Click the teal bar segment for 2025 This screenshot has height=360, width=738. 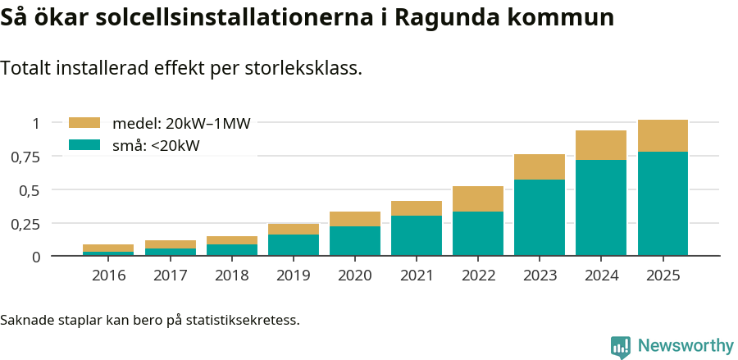tap(663, 203)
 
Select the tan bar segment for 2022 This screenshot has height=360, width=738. tap(478, 198)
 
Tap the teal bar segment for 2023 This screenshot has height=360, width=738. tap(540, 217)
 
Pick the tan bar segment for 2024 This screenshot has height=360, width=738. tap(601, 145)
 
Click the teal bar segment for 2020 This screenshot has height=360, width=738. tap(355, 241)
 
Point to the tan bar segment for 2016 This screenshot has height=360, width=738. tap(108, 248)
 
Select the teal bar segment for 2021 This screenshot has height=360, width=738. tap(417, 235)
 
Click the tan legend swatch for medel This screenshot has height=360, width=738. tap(84, 123)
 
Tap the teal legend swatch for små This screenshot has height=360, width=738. tap(84, 145)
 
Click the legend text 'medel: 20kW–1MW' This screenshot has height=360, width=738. tap(181, 124)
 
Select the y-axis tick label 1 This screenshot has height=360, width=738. tap(35, 123)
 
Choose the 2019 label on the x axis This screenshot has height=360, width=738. tap(294, 276)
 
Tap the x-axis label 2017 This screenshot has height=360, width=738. tap(171, 276)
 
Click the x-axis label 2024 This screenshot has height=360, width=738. tap(601, 276)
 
